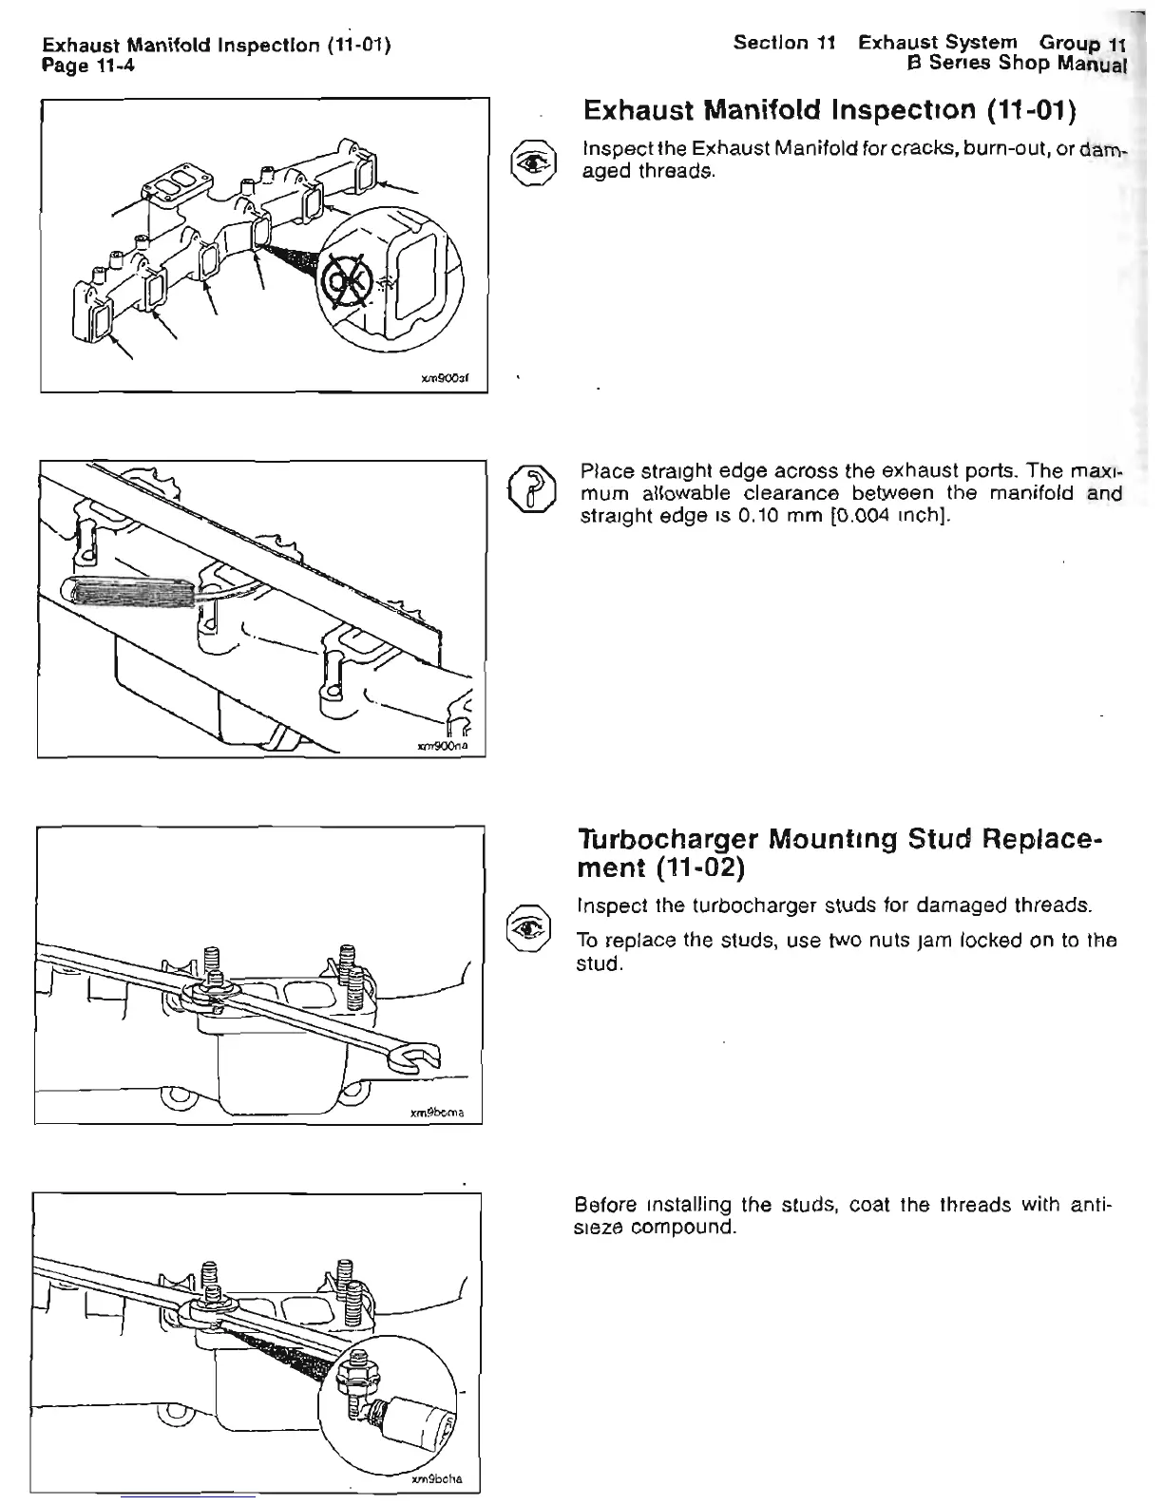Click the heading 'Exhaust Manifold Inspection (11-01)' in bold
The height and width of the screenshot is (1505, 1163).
tap(829, 111)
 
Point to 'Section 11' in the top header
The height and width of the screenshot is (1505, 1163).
tap(784, 44)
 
